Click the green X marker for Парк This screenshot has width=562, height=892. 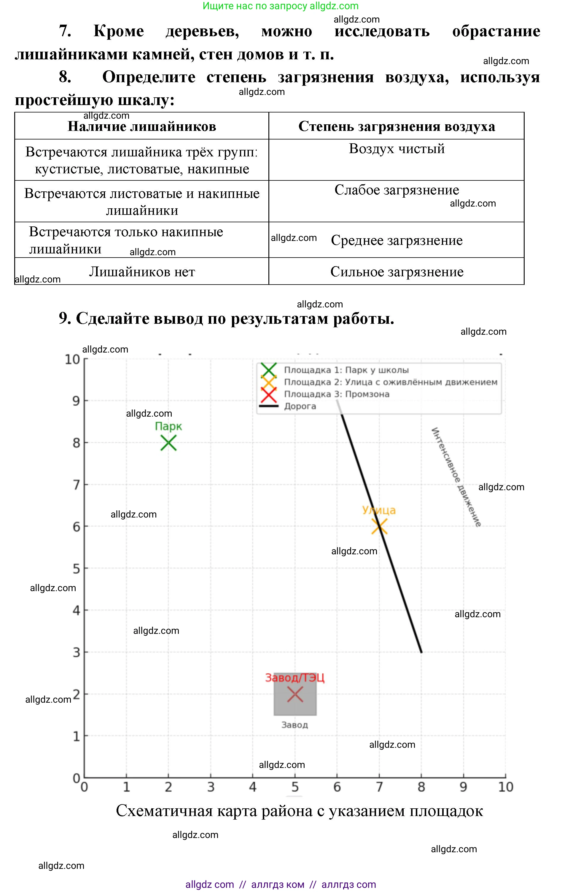point(168,443)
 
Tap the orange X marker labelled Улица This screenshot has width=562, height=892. point(379,526)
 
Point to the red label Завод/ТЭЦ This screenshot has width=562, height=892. point(295,677)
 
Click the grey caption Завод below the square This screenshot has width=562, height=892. point(295,725)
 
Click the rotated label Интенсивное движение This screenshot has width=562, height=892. point(456,477)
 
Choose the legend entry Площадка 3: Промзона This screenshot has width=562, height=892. point(337,394)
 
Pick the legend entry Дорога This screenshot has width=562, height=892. point(300,406)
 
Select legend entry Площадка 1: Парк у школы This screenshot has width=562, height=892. point(346,370)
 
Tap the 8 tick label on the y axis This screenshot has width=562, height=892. point(76,443)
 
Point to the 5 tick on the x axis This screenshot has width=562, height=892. point(295,787)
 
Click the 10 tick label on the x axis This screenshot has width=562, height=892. point(505,787)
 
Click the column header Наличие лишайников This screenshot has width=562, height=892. point(142,126)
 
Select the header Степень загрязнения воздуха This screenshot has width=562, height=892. point(397,126)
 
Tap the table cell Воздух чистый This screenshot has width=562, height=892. point(397,149)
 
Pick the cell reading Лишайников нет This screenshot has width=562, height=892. point(142,272)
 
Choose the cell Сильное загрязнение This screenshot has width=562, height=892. point(397,272)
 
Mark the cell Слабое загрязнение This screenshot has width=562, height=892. point(397,190)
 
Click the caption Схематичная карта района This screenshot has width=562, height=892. point(299,811)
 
